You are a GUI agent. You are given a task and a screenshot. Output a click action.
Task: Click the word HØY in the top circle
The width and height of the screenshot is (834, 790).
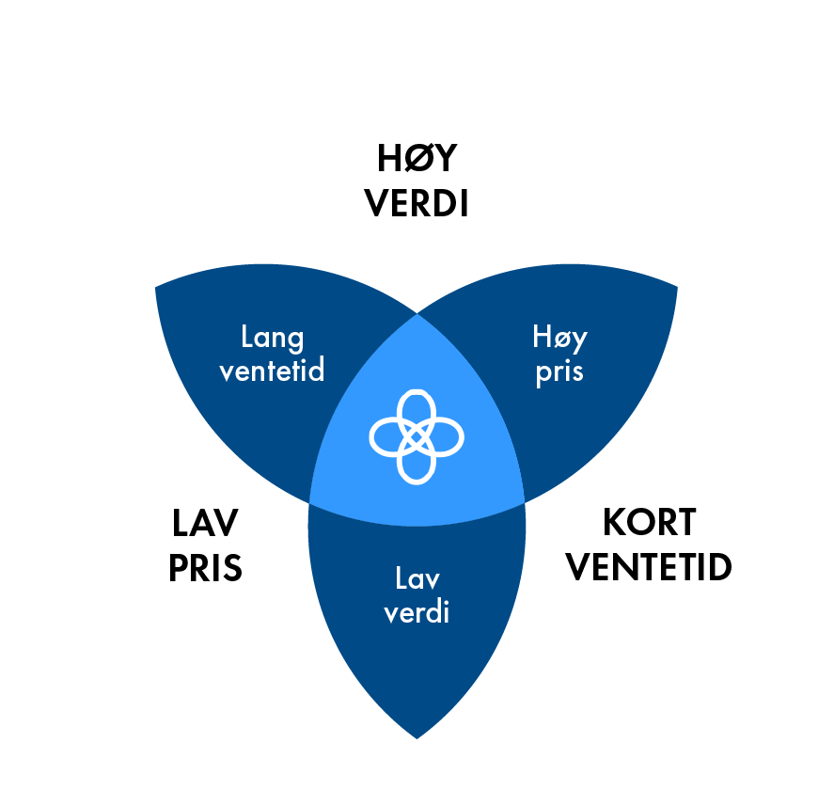pyautogui.click(x=417, y=160)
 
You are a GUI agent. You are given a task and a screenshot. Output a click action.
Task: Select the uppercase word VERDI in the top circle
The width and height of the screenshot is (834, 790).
pyautogui.click(x=417, y=204)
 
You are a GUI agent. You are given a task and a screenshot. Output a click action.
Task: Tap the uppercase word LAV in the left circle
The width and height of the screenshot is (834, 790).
pyautogui.click(x=205, y=523)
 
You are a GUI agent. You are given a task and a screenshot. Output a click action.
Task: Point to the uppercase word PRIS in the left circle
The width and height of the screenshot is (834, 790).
pyautogui.click(x=205, y=568)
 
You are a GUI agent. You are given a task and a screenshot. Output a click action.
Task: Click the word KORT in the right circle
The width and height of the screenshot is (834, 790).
pyautogui.click(x=649, y=523)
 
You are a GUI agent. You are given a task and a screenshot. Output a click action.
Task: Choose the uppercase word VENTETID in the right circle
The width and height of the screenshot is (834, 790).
pyautogui.click(x=649, y=568)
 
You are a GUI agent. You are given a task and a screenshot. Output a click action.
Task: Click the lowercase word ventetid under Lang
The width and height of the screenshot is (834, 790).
pyautogui.click(x=272, y=371)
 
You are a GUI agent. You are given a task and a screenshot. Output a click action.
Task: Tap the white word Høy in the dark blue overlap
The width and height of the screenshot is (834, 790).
pyautogui.click(x=559, y=337)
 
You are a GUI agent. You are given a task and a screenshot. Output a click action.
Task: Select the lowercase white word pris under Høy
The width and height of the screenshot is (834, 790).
pyautogui.click(x=559, y=371)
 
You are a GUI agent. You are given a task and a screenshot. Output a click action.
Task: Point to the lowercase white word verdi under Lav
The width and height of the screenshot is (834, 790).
pyautogui.click(x=417, y=612)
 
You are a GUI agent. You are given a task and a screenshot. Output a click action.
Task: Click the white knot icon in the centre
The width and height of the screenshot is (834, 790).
pyautogui.click(x=417, y=435)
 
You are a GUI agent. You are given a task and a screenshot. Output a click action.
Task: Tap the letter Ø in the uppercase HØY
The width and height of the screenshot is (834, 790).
pyautogui.click(x=417, y=160)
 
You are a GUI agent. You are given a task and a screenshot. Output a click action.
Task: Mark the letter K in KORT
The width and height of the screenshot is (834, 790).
pyautogui.click(x=614, y=523)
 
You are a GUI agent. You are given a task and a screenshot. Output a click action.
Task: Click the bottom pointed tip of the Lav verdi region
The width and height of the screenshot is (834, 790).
pyautogui.click(x=417, y=736)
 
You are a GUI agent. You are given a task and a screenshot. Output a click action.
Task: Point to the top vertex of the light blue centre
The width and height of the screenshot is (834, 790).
pyautogui.click(x=417, y=315)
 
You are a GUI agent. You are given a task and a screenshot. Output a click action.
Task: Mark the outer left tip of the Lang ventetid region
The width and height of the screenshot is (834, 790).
pyautogui.click(x=156, y=285)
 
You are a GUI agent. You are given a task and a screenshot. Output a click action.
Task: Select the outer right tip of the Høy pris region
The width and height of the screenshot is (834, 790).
pyautogui.click(x=677, y=285)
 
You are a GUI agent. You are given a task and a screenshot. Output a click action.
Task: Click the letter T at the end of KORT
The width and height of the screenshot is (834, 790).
pyautogui.click(x=685, y=523)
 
